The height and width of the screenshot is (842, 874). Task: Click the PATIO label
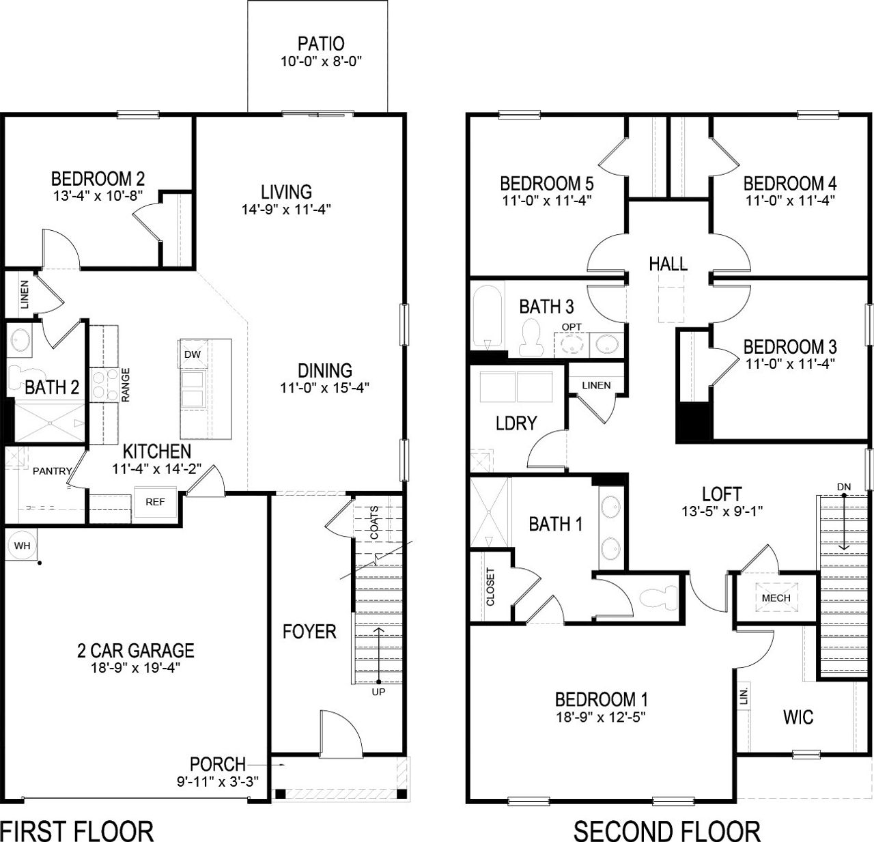pyautogui.click(x=320, y=44)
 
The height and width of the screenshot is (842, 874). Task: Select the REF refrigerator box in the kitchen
pyautogui.click(x=155, y=502)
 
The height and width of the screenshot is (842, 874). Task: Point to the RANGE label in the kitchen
pyautogui.click(x=126, y=384)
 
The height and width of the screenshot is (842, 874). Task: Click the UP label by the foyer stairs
pyautogui.click(x=378, y=692)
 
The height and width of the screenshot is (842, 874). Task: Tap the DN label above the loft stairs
pyautogui.click(x=844, y=486)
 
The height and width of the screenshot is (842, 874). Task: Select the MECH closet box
pyautogui.click(x=776, y=598)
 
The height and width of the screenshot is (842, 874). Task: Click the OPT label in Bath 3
pyautogui.click(x=572, y=327)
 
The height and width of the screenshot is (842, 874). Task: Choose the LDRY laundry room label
pyautogui.click(x=516, y=423)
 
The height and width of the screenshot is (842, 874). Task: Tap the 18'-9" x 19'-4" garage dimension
pyautogui.click(x=135, y=667)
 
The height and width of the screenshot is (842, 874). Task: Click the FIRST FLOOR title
pyautogui.click(x=76, y=830)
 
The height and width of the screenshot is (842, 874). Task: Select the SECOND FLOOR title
pyautogui.click(x=666, y=830)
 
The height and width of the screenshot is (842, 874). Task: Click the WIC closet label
pyautogui.click(x=798, y=717)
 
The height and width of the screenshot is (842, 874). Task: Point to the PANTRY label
pyautogui.click(x=53, y=471)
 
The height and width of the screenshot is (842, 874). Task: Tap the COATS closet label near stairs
pyautogui.click(x=374, y=522)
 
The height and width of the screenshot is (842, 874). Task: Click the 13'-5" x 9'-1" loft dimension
pyautogui.click(x=722, y=510)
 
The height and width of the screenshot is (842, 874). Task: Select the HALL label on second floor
pyautogui.click(x=668, y=264)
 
